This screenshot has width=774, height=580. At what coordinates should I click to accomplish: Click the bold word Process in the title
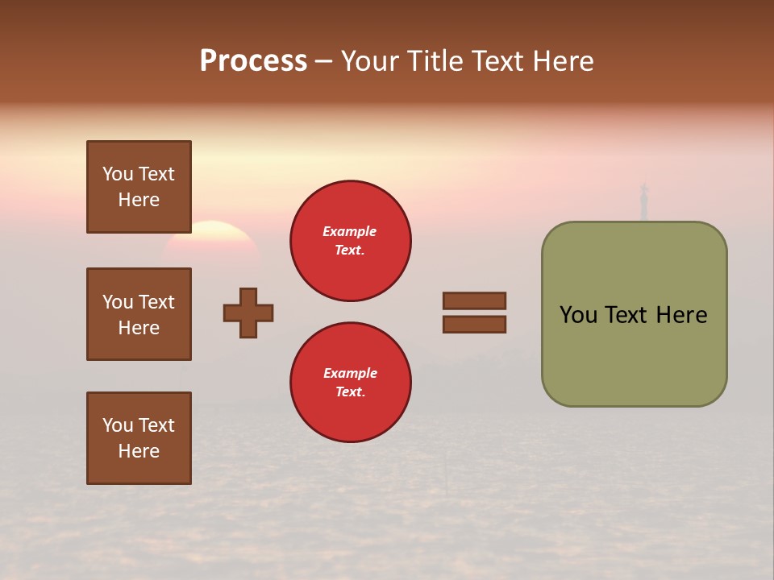tap(253, 61)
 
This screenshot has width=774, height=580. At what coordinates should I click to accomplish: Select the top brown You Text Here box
tap(139, 187)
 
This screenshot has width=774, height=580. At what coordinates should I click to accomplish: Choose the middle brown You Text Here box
tap(139, 314)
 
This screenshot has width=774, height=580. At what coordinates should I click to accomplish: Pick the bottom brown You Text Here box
tap(139, 438)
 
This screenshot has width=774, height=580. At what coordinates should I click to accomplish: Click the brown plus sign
tap(248, 313)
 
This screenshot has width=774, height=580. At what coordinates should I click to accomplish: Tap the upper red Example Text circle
tap(350, 241)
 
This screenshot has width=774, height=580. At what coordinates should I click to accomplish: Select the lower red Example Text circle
tap(350, 383)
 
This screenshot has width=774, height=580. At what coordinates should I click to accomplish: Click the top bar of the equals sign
tap(474, 300)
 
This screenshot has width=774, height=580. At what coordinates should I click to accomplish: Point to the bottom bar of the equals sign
tap(474, 325)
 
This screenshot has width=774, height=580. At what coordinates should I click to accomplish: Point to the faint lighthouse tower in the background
tap(643, 201)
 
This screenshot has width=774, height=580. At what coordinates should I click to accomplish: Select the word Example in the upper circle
tap(350, 231)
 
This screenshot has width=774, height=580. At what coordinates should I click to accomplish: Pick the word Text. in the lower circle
tap(350, 392)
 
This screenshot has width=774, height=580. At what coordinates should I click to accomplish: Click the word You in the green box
tap(579, 315)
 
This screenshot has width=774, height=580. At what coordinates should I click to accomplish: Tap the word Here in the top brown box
tap(139, 200)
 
